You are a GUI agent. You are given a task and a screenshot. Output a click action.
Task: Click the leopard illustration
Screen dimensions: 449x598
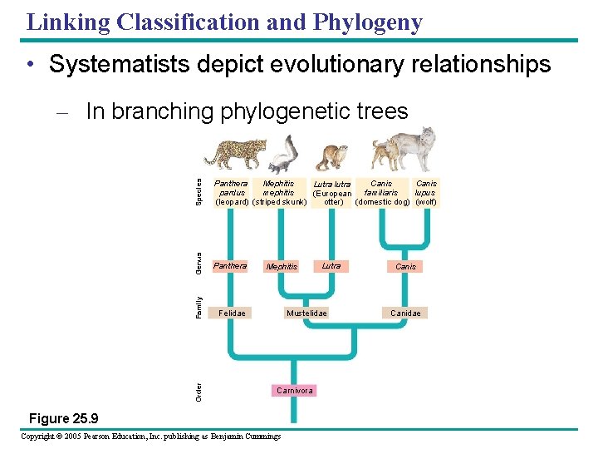236,154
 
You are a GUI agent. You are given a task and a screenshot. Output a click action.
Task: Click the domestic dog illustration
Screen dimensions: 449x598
385,155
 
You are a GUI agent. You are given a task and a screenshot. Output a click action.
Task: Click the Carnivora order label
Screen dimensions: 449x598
294,390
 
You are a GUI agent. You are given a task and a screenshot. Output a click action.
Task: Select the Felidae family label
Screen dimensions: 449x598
232,313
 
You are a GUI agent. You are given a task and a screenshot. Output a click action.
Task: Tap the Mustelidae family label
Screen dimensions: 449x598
306,313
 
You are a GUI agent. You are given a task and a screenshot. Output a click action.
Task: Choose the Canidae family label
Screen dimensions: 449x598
406,313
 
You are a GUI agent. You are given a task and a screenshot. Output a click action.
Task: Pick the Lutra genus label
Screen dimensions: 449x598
331,266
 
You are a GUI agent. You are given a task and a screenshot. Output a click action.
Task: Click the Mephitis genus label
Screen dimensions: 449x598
282,267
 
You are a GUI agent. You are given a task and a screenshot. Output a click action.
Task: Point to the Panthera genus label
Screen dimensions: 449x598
230,266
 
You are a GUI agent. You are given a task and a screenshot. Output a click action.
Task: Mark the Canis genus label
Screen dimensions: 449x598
406,267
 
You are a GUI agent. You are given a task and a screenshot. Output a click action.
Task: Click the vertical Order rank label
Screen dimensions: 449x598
199,389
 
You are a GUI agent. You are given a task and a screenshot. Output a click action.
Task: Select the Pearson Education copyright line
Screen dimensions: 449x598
150,437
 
